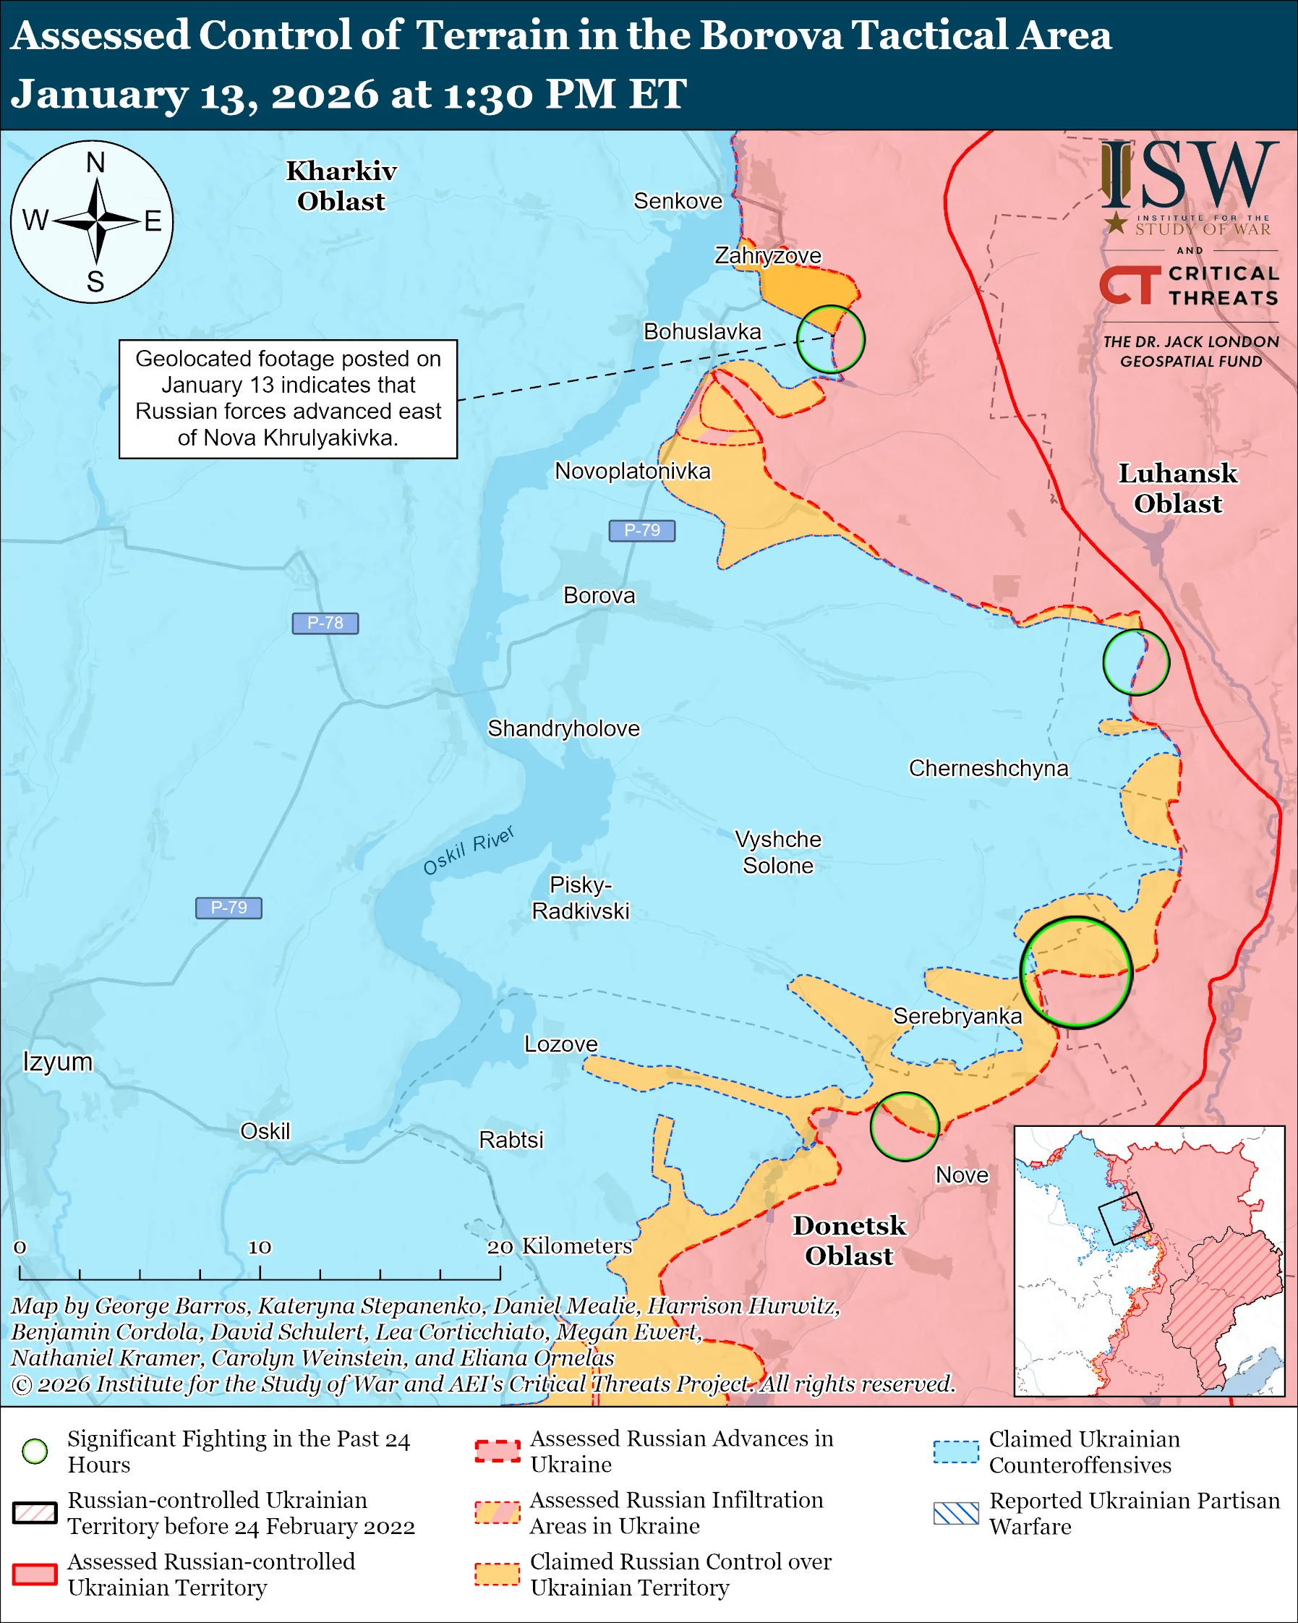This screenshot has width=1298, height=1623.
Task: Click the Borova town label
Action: pyautogui.click(x=599, y=595)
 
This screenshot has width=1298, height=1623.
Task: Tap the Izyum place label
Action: pyautogui.click(x=57, y=1062)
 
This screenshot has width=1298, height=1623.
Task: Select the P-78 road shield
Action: pyautogui.click(x=325, y=623)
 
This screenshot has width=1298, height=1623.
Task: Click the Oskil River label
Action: pyautogui.click(x=468, y=851)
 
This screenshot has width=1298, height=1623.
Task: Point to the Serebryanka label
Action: pyautogui.click(x=957, y=1016)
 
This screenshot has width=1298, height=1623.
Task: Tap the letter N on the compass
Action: pyautogui.click(x=95, y=163)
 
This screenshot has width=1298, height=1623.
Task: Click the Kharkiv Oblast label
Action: pyautogui.click(x=341, y=186)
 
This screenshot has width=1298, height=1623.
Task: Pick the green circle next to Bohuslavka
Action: pyautogui.click(x=831, y=338)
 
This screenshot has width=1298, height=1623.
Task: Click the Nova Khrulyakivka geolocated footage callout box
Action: pyautogui.click(x=289, y=399)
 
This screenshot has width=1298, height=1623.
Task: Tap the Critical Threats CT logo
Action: pyautogui.click(x=1130, y=284)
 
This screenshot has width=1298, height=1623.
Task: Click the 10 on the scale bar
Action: pyautogui.click(x=260, y=1248)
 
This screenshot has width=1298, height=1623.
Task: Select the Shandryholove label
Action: pyautogui.click(x=563, y=729)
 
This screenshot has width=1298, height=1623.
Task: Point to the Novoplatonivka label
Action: pyautogui.click(x=632, y=472)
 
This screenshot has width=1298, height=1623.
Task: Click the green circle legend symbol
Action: pyautogui.click(x=35, y=1451)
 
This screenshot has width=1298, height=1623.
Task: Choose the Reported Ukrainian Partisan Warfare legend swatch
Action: pyautogui.click(x=956, y=1513)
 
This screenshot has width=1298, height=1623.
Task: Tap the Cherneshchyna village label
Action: pyautogui.click(x=988, y=769)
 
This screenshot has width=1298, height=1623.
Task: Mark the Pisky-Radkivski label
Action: pyautogui.click(x=580, y=898)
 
